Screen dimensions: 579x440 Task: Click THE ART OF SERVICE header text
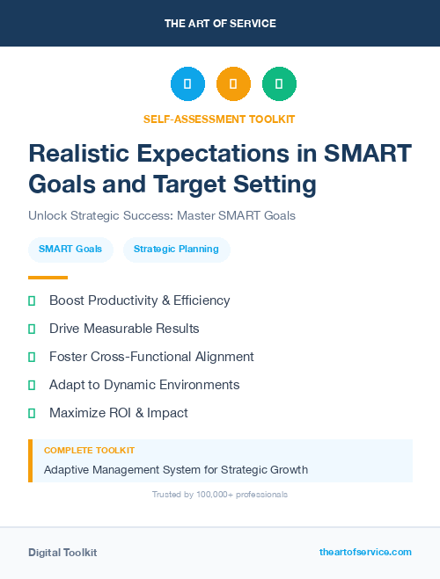point(220,24)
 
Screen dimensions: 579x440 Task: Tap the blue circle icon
point(187,84)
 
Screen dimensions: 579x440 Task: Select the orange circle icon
point(233,84)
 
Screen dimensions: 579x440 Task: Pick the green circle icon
point(279,84)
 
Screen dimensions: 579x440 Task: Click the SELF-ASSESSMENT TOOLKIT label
point(219,119)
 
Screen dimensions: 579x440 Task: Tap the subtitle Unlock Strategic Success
point(161,215)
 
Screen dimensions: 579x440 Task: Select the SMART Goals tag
point(70,250)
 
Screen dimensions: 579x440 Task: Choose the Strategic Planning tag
point(176,250)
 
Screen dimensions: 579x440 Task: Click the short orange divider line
point(48,277)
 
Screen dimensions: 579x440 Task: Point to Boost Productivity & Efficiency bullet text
point(139,300)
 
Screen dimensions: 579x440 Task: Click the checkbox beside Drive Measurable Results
point(32,329)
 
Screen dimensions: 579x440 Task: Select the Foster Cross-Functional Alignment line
point(151,357)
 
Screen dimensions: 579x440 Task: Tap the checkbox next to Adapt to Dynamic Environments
point(32,385)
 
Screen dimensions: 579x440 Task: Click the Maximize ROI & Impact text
point(118,413)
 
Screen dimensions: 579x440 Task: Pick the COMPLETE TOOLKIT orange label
point(89,450)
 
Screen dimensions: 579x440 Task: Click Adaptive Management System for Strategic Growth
point(176,469)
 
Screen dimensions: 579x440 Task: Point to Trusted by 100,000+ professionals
point(219,495)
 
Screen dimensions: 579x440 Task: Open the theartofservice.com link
point(365,552)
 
